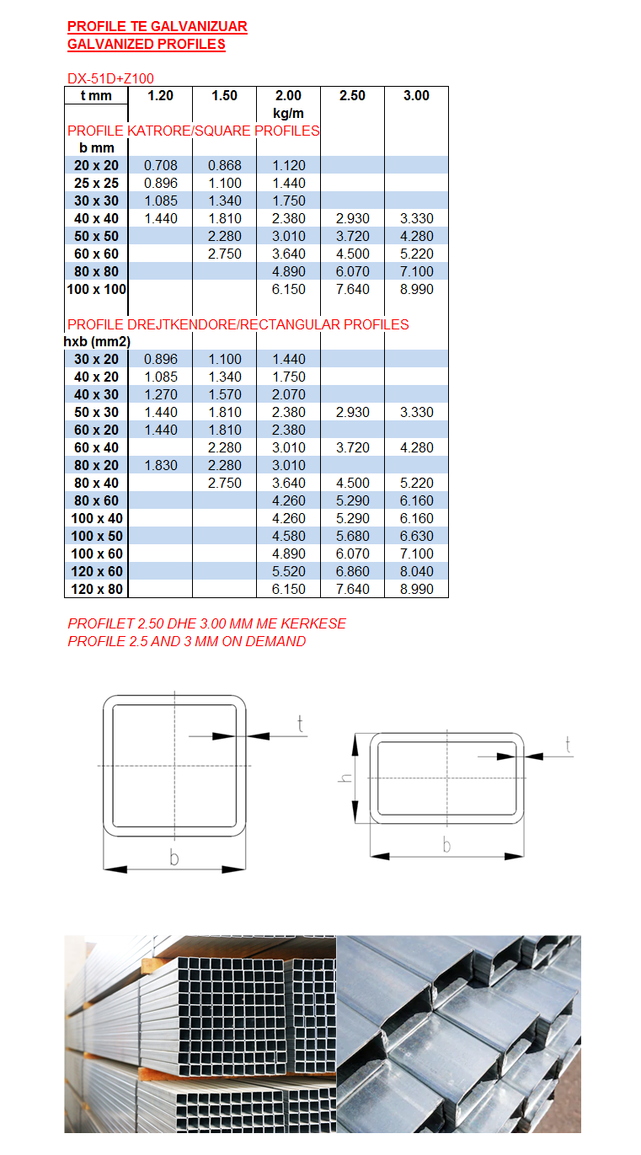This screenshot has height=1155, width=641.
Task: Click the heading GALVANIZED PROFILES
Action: [146, 44]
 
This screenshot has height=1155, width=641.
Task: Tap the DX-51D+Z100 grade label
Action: [110, 78]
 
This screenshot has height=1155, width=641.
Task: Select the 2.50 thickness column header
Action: [352, 96]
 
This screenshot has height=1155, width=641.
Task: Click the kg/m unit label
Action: [288, 113]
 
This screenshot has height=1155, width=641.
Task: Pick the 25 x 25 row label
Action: [96, 183]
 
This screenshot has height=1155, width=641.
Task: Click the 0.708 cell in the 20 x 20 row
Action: [160, 165]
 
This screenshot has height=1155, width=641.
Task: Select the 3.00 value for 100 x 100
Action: [416, 289]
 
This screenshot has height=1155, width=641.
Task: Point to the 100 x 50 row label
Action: [96, 536]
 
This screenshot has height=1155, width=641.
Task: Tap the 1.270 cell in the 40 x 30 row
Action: [160, 394]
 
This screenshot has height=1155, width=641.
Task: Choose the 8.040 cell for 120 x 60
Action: [416, 571]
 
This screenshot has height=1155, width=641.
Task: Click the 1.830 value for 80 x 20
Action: [160, 465]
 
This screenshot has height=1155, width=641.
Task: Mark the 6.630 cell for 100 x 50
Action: [416, 536]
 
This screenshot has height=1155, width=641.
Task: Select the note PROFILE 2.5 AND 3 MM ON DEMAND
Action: [186, 641]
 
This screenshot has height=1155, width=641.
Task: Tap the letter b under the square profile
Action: [174, 858]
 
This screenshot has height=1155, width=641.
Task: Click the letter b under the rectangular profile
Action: [446, 845]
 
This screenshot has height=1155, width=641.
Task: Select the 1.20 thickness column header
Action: [160, 96]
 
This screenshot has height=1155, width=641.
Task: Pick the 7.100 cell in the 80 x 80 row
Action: [416, 271]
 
